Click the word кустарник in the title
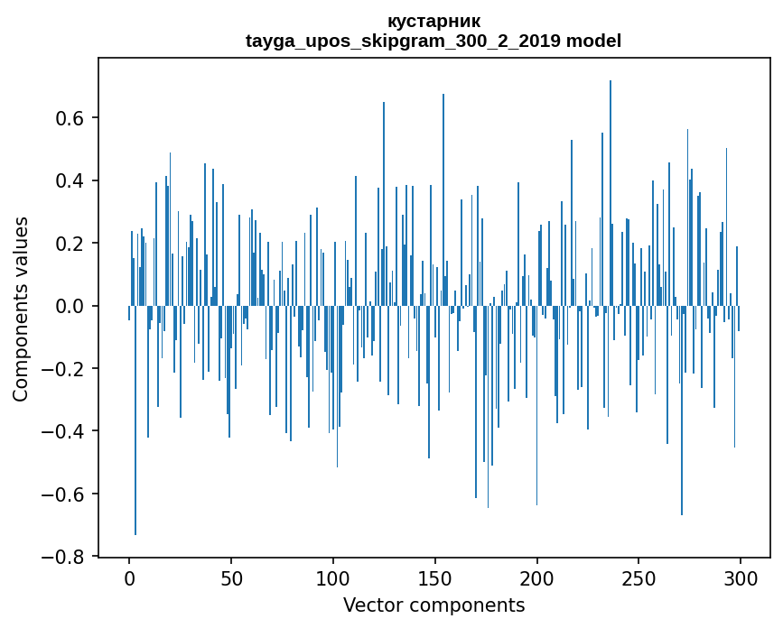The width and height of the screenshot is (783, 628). coord(433,21)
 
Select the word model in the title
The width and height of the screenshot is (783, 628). coord(593,41)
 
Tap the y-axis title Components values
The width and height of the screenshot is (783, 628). coord(21,309)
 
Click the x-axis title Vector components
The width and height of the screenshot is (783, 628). coord(433,605)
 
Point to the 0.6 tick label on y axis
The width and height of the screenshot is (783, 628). coord(70,119)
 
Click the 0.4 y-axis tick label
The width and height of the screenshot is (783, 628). coord(70,181)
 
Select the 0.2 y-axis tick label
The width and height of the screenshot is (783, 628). coord(70,244)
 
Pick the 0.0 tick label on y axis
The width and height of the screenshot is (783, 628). coord(70,307)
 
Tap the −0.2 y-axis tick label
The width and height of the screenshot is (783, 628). coord(64,369)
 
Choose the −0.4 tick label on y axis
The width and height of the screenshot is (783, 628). coord(64,431)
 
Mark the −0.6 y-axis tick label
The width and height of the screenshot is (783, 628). coord(64,494)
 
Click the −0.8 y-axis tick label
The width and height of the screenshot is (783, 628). coord(64,557)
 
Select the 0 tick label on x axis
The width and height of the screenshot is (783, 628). coord(129,577)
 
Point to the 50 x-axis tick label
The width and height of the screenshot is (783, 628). coord(231,577)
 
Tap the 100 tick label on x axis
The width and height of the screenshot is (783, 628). coord(333,577)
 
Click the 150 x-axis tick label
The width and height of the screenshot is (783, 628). coord(435,577)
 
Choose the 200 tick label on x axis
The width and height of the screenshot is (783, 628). coord(537,577)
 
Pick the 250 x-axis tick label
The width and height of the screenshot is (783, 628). coord(639,577)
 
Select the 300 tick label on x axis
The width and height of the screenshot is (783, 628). coord(741,577)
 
